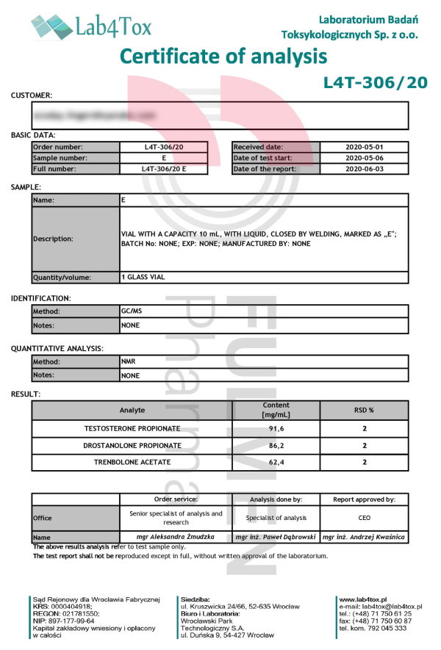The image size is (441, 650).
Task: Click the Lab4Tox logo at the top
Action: pos(91,27)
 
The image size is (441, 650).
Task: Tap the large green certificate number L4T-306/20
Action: pos(375,83)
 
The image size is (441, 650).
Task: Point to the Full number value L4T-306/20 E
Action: pos(164,169)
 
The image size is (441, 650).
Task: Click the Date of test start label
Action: pos(265,158)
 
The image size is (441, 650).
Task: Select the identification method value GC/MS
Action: pos(132,311)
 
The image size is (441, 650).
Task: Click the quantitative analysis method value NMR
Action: pos(129,362)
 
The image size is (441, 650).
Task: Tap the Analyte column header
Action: pos(132,411)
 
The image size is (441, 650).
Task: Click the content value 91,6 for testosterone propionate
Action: pos(276,428)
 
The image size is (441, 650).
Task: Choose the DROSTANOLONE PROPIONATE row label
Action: pos(132,445)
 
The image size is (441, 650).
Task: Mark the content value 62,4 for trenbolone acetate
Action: pos(276,462)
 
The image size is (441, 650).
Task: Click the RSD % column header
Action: pos(364,411)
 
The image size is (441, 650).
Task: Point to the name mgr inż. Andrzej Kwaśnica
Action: pos(364,538)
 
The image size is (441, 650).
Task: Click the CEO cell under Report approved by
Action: pos(364,518)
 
